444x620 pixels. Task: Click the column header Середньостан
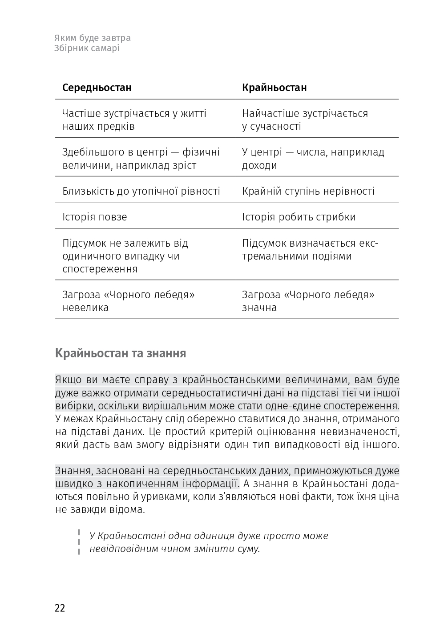click(x=97, y=88)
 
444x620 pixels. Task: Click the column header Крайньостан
click(x=274, y=88)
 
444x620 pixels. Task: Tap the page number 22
click(x=60, y=608)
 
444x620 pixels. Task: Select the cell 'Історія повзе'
click(x=94, y=217)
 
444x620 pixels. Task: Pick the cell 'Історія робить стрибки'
click(x=299, y=217)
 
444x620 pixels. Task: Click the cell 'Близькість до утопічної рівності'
click(x=141, y=191)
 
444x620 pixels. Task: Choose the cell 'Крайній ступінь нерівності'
click(x=308, y=191)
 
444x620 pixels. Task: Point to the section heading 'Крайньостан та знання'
click(x=121, y=353)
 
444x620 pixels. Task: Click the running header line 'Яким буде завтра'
click(x=93, y=38)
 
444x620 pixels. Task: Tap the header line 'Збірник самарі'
click(x=87, y=48)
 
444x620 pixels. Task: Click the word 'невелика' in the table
click(x=85, y=308)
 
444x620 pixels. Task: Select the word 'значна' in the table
click(x=259, y=308)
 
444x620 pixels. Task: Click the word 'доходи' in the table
click(x=259, y=165)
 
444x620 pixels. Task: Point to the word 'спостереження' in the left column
click(x=100, y=269)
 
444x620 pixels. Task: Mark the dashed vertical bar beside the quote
click(x=79, y=542)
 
